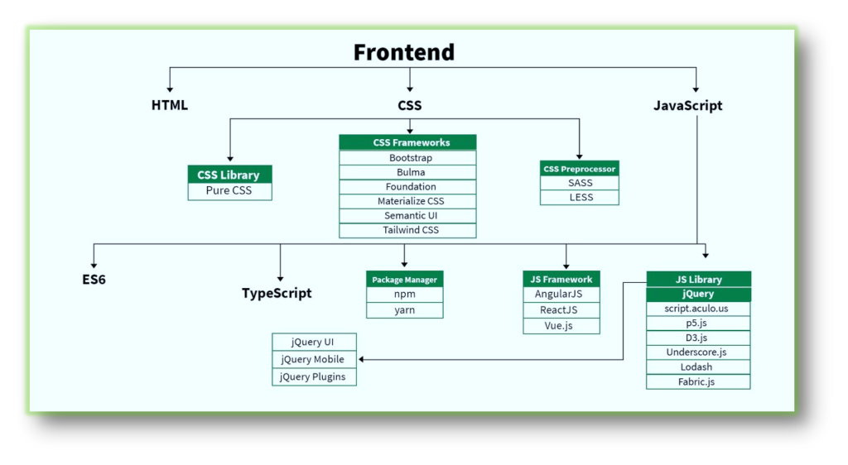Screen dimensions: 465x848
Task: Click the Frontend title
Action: pos(404,52)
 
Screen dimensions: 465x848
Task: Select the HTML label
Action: pos(170,105)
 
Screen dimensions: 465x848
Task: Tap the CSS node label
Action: pos(409,105)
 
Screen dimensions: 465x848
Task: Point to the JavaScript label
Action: pos(687,105)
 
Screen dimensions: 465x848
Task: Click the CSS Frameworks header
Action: pos(407,142)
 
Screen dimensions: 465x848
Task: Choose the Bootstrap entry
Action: pos(407,157)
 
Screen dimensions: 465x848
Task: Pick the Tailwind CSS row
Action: pos(407,230)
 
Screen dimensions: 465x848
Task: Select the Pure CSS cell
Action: pos(229,191)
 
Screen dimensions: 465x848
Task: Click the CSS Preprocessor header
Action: pos(580,169)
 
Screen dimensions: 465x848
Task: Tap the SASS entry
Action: pos(580,183)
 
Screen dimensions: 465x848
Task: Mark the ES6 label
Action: pos(94,280)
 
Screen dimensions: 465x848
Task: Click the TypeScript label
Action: pos(277,293)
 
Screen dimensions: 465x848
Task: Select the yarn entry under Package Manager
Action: pos(404,310)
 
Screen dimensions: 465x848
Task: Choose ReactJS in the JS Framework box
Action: pos(559,310)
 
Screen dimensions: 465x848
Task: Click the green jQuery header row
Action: pos(698,294)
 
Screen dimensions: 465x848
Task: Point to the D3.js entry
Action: pos(698,338)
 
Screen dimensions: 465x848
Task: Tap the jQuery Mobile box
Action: pos(312,359)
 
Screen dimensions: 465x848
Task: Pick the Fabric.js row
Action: pos(698,381)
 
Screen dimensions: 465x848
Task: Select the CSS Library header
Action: pos(229,175)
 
